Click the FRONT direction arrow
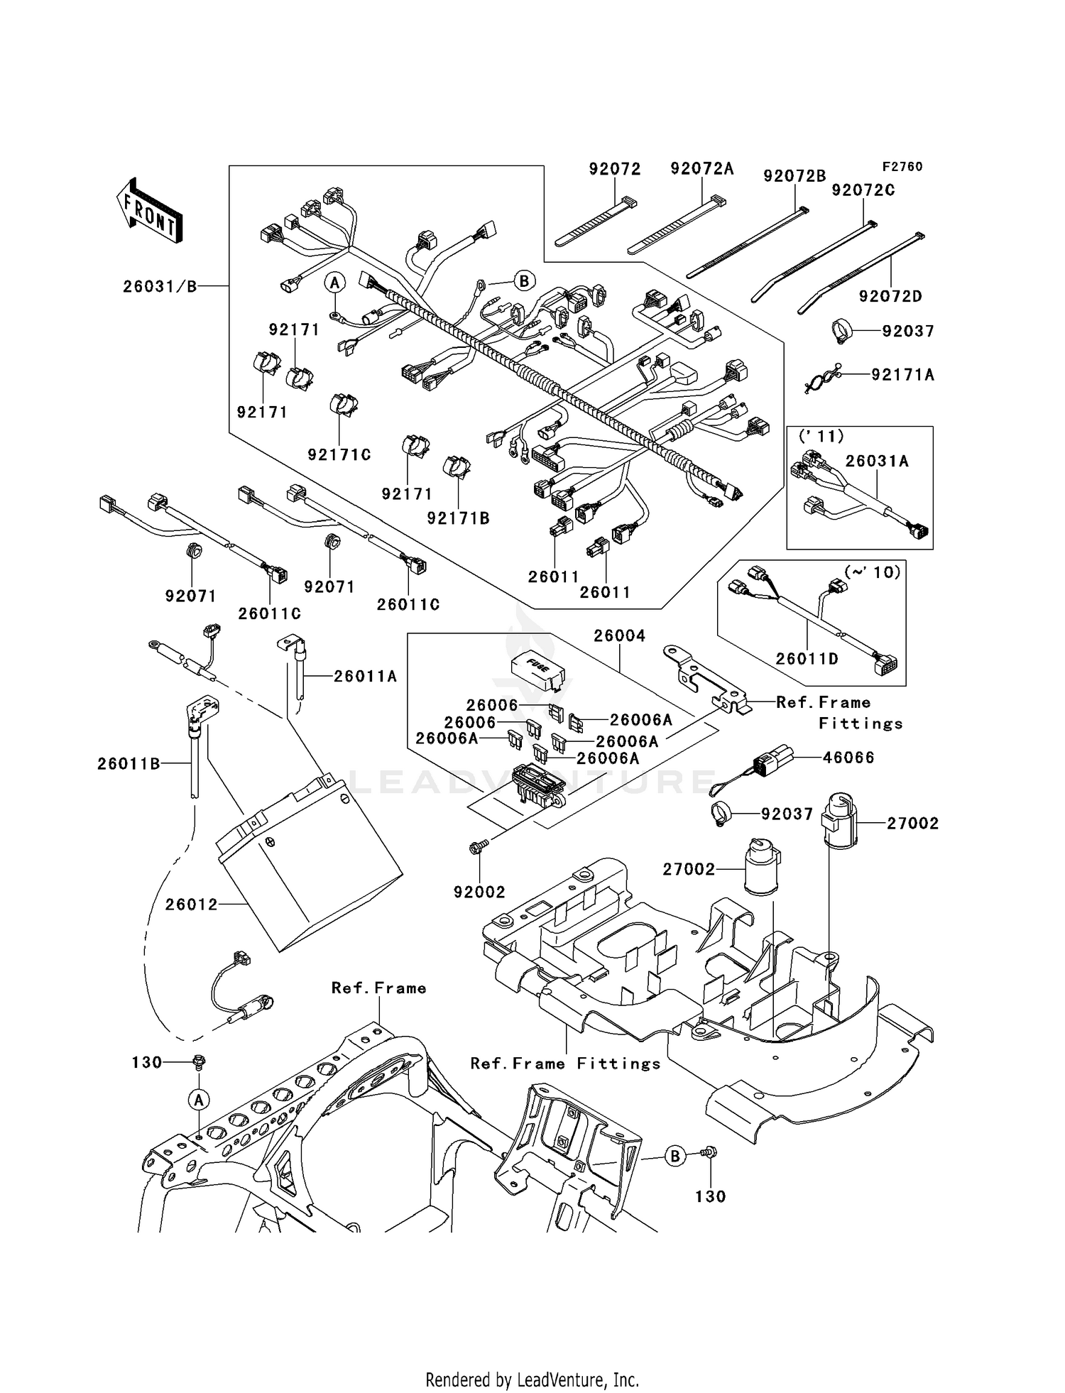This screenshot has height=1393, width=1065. point(150,211)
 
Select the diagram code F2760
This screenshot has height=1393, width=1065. point(902,167)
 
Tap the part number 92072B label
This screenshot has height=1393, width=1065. point(794,176)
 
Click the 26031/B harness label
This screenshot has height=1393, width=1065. point(160,287)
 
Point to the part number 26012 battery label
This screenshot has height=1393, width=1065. point(191,905)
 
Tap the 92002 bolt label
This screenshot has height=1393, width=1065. point(479,892)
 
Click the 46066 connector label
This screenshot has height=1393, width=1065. point(848,758)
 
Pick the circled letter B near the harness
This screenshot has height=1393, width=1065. point(524,280)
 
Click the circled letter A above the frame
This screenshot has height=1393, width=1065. point(199,1100)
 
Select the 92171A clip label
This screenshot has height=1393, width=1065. point(902,375)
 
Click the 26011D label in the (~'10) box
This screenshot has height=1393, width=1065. point(807,659)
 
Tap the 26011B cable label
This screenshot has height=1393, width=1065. point(129,764)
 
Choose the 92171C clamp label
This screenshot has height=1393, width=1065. point(339,455)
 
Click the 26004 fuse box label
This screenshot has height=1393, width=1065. point(619,636)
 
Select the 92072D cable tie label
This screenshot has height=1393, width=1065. point(890,297)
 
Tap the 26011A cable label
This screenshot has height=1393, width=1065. point(365,677)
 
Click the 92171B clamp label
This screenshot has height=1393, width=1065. point(458,519)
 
